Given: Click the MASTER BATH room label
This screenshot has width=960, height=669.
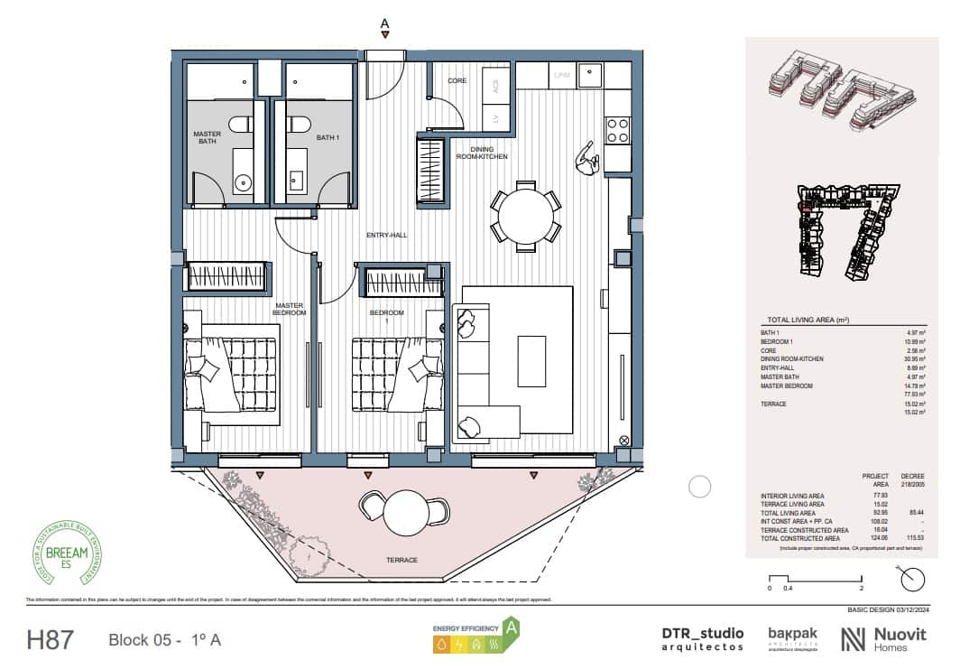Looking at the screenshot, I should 207,137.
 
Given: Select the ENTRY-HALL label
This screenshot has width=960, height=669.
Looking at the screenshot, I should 386,236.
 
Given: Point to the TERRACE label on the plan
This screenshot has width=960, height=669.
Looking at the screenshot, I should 402,561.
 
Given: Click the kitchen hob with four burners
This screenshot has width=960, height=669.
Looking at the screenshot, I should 617,131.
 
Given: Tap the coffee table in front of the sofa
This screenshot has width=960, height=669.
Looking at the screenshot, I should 531,360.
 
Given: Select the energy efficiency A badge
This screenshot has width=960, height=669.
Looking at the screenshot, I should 475,636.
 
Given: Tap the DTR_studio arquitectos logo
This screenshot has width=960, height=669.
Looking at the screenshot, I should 703,638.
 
